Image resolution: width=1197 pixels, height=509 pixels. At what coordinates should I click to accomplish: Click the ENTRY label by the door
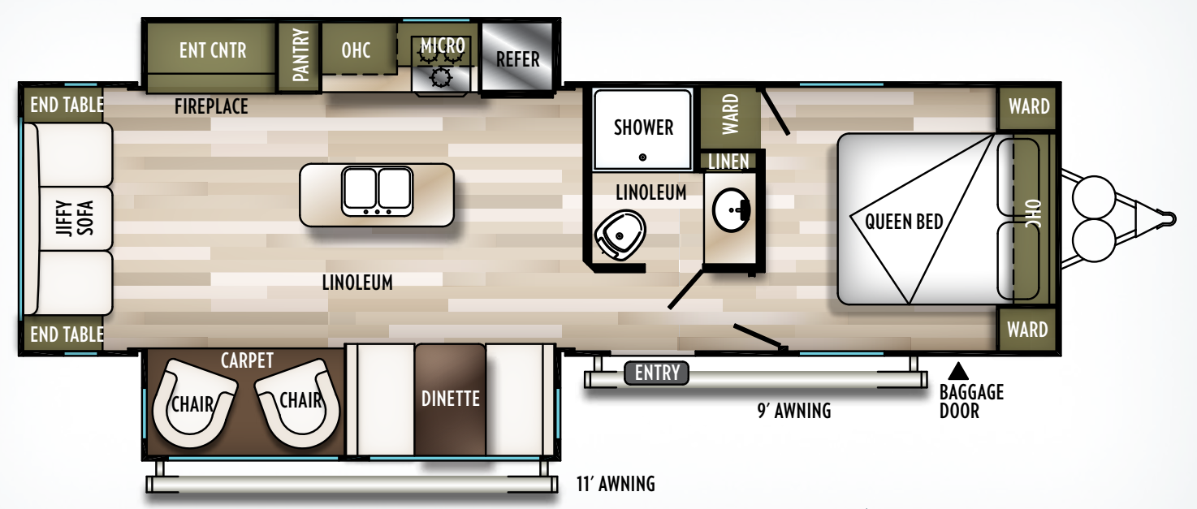(x=657, y=373)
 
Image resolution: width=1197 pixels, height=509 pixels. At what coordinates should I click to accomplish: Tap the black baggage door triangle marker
(x=958, y=371)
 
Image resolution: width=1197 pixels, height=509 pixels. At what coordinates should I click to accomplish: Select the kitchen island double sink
(x=377, y=190)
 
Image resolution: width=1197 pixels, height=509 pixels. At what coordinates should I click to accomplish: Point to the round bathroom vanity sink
(x=732, y=212)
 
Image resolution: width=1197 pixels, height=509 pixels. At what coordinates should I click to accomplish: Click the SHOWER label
(x=643, y=127)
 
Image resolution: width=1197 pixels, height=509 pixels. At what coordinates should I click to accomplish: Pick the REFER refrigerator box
(x=517, y=58)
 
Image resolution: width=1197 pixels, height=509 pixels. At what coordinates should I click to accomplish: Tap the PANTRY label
(x=300, y=55)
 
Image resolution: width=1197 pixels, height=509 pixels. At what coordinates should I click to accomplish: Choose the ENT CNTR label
(x=212, y=50)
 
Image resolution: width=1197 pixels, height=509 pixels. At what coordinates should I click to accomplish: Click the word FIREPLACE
(x=211, y=106)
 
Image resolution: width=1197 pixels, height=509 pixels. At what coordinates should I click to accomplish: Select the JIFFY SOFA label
(x=75, y=218)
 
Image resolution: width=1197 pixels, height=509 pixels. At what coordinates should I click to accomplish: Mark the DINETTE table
(x=450, y=399)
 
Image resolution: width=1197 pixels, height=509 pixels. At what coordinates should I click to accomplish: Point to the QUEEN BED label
(x=904, y=221)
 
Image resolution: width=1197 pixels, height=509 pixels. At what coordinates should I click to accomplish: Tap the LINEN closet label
(x=728, y=162)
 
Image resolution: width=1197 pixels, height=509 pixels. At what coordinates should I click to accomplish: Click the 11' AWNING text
(x=616, y=485)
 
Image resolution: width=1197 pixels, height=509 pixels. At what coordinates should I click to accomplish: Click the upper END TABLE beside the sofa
(x=66, y=105)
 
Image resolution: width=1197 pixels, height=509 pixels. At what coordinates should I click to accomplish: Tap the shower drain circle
(x=643, y=157)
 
